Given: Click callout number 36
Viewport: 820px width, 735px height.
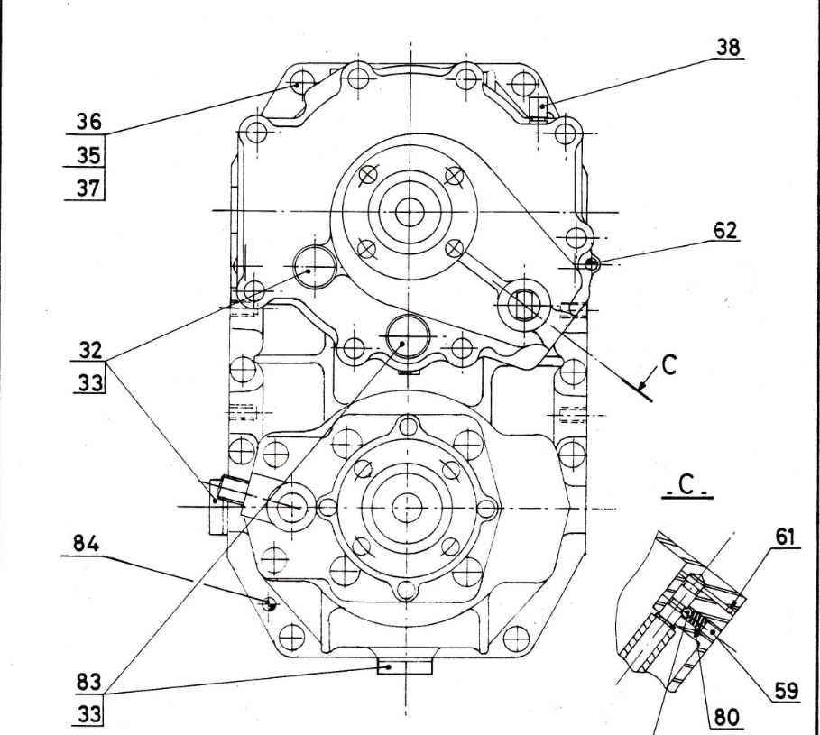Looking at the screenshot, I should click(x=88, y=121).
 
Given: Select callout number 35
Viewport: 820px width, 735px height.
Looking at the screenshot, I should click(x=88, y=154).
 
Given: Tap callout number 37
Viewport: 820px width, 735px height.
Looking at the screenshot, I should click(x=88, y=188).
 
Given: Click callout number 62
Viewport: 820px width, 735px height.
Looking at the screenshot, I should click(x=724, y=231).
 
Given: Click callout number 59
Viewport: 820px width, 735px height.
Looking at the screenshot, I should click(x=785, y=694).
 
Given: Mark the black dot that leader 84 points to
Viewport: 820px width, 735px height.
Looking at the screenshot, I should click(x=268, y=603).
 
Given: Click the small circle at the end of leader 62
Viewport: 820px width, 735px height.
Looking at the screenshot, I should click(x=592, y=264).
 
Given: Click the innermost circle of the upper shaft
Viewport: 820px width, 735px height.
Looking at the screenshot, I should click(x=410, y=211).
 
